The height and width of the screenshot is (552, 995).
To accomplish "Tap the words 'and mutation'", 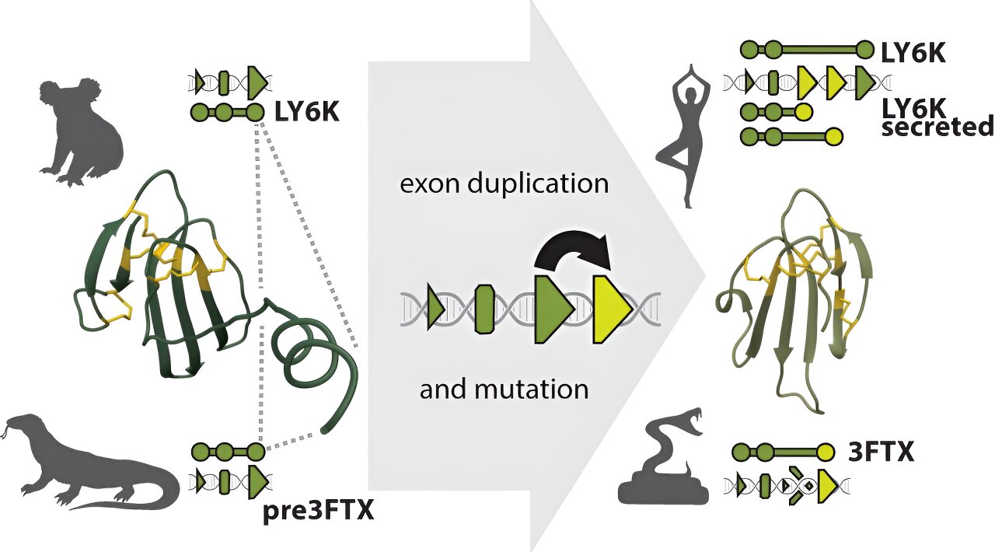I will point(504,387).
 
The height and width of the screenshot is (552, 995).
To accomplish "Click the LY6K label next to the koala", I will point(306,114).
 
